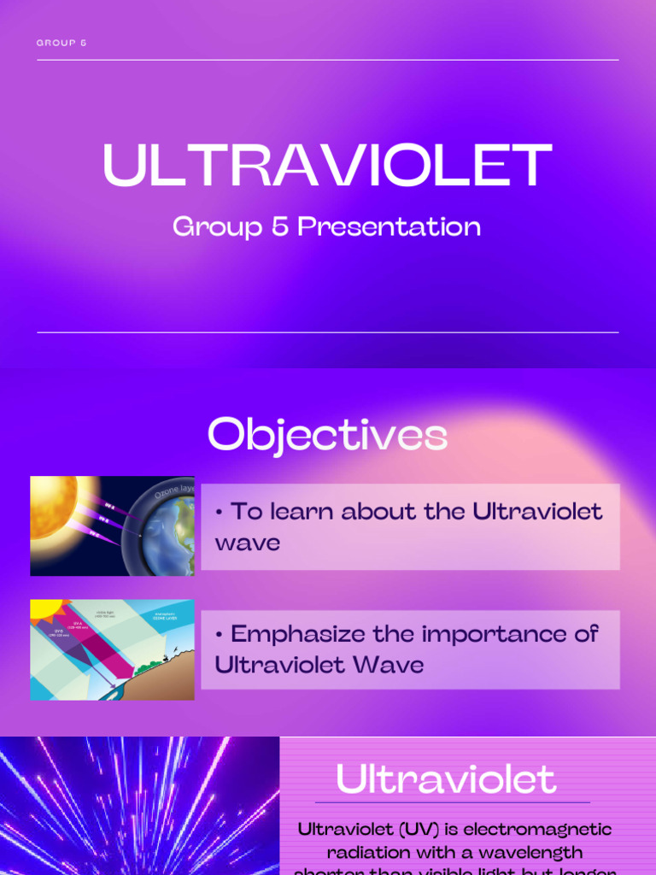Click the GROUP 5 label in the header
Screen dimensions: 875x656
coord(61,43)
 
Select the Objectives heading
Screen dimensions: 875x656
coord(327,435)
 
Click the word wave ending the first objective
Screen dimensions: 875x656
coord(248,543)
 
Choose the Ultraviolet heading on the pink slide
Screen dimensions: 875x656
coord(446,779)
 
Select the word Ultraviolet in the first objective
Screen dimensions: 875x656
coord(538,512)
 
